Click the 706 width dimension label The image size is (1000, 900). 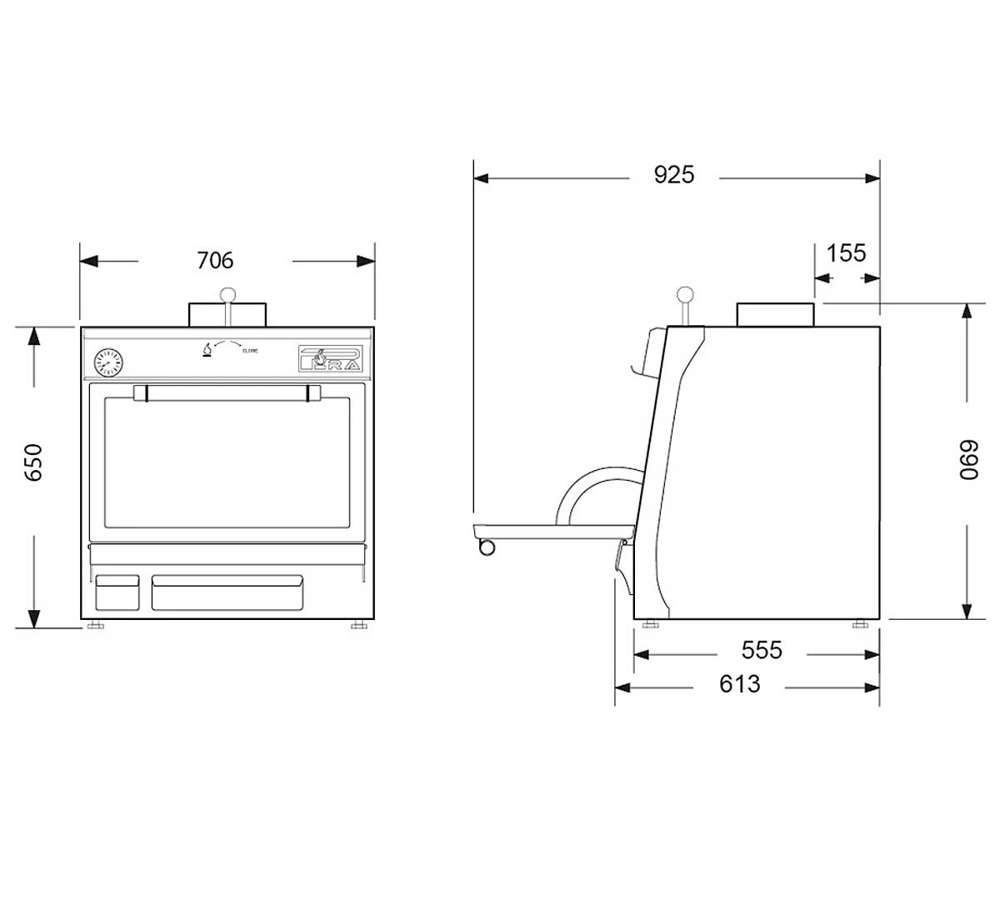click(215, 261)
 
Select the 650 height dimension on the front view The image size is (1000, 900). click(34, 462)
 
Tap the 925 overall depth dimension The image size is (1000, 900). click(673, 175)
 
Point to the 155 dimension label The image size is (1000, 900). click(847, 252)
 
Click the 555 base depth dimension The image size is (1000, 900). click(762, 650)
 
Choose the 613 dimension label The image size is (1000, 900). click(739, 684)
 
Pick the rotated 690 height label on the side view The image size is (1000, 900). click(967, 458)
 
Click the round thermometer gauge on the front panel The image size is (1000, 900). click(107, 362)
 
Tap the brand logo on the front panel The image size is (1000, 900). click(330, 358)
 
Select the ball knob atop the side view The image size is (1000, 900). click(685, 294)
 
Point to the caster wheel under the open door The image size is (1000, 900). click(486, 547)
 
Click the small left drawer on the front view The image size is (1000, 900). click(117, 592)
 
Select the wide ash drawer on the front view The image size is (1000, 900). click(227, 592)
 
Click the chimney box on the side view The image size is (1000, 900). click(775, 314)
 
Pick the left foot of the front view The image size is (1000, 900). click(96, 624)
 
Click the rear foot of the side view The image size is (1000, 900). click(859, 624)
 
